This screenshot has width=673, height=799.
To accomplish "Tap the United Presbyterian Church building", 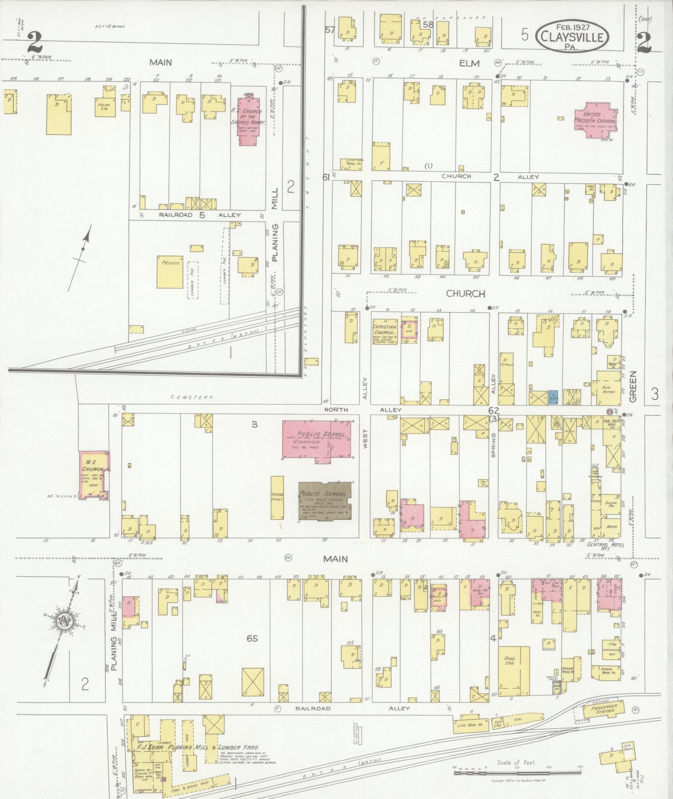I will pos(595,121).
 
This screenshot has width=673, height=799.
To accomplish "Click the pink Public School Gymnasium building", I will pos(317,441).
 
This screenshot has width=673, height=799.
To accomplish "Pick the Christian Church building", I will pos(385,331).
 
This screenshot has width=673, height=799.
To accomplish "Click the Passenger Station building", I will pos(604,710).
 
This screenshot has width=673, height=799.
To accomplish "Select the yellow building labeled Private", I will pos(170,272).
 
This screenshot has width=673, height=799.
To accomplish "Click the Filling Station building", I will pos(104,107).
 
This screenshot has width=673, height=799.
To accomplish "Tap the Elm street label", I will pos(469,63).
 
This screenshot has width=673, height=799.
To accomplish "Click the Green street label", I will pos(632,386).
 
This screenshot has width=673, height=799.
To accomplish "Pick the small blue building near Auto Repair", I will pos(553,397).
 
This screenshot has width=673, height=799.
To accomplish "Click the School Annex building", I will pos(277,497).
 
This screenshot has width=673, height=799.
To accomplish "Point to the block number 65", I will pos(252,638).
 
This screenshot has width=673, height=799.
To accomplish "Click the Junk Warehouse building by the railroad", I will pos(469,724).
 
